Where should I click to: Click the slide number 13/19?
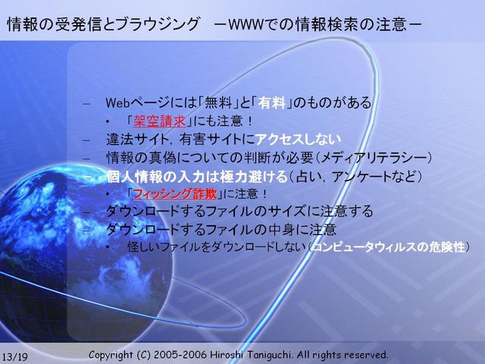(x=14, y=356)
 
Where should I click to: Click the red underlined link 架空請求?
(x=159, y=121)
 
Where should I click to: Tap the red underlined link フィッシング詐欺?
(x=175, y=194)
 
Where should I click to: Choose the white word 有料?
(x=272, y=102)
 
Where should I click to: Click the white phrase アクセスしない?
(x=298, y=140)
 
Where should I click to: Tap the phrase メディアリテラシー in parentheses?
(x=374, y=158)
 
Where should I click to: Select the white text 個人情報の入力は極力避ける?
(x=197, y=177)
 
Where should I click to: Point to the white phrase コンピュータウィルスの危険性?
(x=390, y=247)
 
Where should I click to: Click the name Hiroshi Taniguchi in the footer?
(x=252, y=355)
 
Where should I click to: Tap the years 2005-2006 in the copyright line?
(x=180, y=355)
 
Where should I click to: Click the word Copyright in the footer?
(x=111, y=355)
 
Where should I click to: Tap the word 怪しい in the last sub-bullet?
(x=144, y=247)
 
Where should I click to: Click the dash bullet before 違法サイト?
(x=86, y=140)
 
